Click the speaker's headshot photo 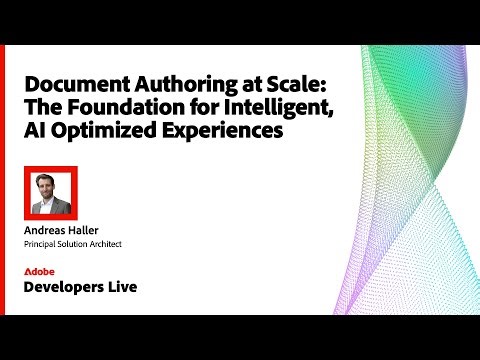[x=50, y=191]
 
